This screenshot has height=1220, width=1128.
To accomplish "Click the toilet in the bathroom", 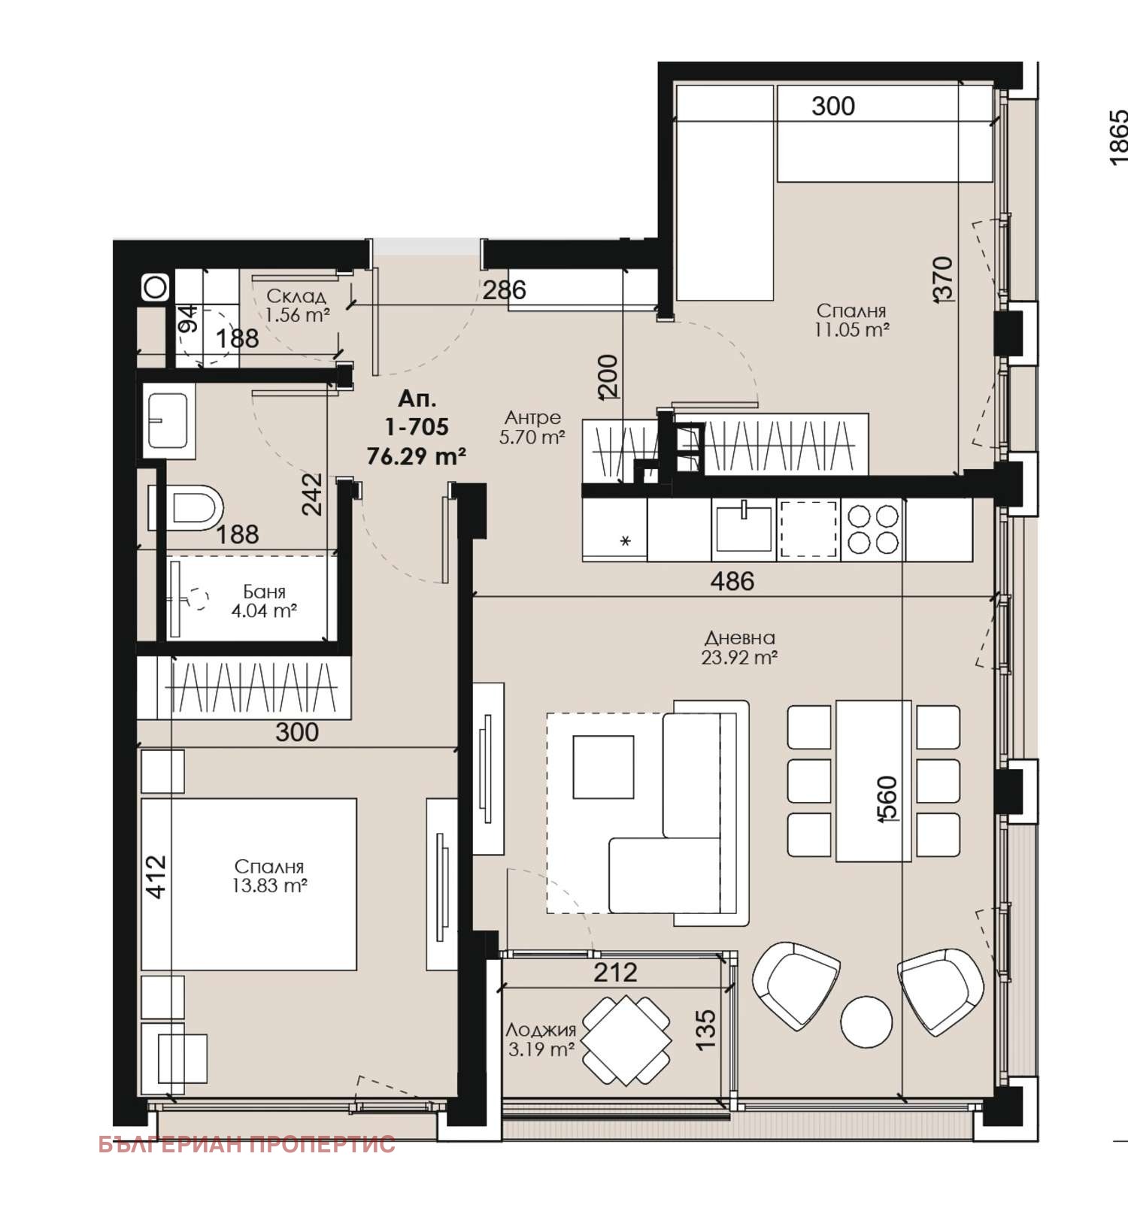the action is coord(187,507).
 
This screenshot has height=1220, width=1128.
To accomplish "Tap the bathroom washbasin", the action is coord(167,420).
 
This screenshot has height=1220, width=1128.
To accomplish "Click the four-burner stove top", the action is coord(873,529).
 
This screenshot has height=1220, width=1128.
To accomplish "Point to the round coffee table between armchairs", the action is coord(866,1022).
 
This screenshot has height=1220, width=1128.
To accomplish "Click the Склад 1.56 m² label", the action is coord(297,306).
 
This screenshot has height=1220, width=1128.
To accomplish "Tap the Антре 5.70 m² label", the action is coord(532,427).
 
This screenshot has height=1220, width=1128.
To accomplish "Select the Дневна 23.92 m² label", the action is coord(739,647).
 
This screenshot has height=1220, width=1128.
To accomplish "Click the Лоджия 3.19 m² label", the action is coord(541,1039).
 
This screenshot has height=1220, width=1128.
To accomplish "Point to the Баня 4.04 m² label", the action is coord(264,601).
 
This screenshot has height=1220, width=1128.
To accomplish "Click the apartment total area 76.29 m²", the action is coord(416,456).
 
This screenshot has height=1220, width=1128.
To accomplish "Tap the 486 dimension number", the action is coord(732,581).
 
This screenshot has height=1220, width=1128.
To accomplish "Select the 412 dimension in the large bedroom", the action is coord(156,876).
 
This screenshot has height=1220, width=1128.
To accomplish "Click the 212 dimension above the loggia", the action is coord(615,972).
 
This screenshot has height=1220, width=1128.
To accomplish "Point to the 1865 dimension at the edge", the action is coord(1118,138).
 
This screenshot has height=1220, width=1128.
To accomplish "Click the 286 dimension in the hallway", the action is coord(504,289).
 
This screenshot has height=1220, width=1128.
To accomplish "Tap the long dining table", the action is coord(873,780).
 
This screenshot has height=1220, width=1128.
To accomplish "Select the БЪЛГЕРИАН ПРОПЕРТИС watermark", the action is coord(247,1144).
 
